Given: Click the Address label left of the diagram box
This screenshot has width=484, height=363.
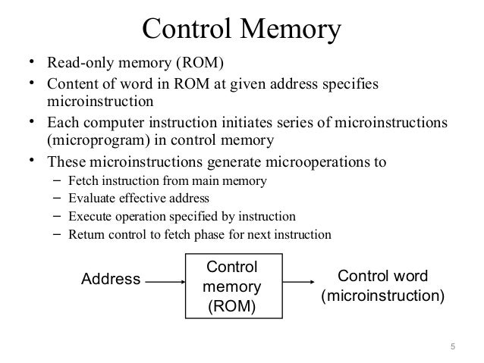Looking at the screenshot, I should click(111, 280).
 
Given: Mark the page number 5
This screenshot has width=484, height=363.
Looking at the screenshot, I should click(453, 349).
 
